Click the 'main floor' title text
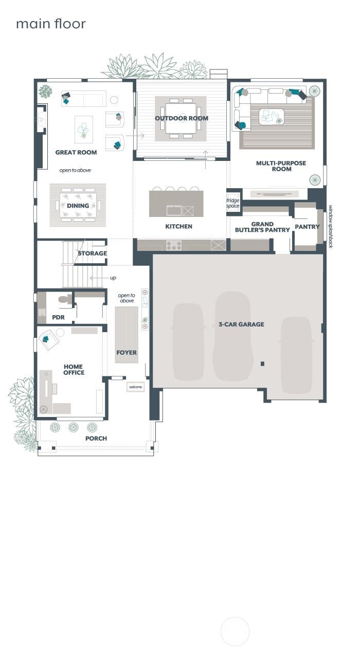pyautogui.click(x=50, y=24)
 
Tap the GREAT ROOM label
pyautogui.click(x=76, y=153)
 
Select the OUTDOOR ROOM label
pyautogui.click(x=182, y=118)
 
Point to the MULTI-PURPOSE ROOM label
pyautogui.click(x=281, y=166)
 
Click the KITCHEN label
pyautogui.click(x=178, y=226)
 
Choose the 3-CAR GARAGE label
pyautogui.click(x=241, y=324)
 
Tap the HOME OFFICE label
pyautogui.click(x=74, y=370)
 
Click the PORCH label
pyautogui.click(x=96, y=439)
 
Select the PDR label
pyautogui.click(x=58, y=317)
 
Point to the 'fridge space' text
pyautogui.click(x=233, y=203)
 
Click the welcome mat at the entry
pyautogui.click(x=136, y=387)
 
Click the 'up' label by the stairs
pyautogui.click(x=113, y=278)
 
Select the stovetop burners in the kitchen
pyautogui.click(x=174, y=246)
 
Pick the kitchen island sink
pyautogui.click(x=174, y=210)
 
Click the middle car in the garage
pyautogui.click(x=232, y=337)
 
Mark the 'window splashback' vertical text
pyautogui.click(x=331, y=226)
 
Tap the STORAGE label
pyautogui.click(x=92, y=253)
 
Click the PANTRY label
pyautogui.click(x=307, y=227)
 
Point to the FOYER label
pyautogui.click(x=127, y=353)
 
